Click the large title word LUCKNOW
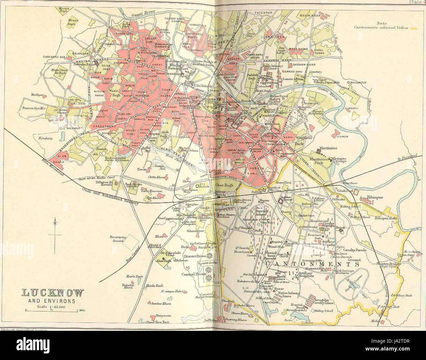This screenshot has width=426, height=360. pyautogui.click(x=53, y=293)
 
